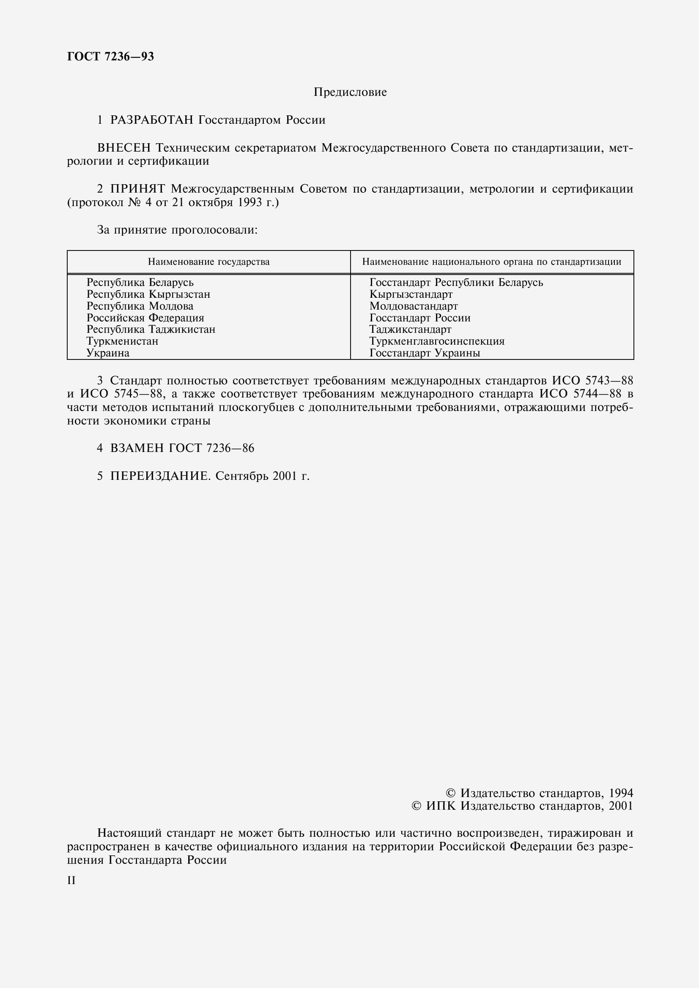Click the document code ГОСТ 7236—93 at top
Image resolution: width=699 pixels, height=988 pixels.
[x=110, y=56]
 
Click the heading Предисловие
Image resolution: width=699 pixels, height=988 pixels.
[x=350, y=92]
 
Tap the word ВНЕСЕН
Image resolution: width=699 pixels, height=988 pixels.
[x=124, y=148]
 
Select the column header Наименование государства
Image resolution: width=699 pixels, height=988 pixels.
[x=208, y=261]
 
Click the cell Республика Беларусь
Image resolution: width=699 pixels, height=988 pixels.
[x=140, y=283]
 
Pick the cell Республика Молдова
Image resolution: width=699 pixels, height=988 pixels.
[x=140, y=306]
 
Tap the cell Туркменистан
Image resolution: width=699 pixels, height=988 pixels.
[x=122, y=341]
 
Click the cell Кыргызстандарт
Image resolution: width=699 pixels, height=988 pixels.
[x=411, y=294]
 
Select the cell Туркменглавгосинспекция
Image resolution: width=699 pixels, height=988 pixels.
[x=437, y=341]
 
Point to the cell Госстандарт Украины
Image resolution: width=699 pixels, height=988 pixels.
[x=425, y=353]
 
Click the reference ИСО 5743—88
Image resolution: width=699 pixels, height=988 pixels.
[x=592, y=381]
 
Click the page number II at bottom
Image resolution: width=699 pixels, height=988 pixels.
[x=71, y=881]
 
